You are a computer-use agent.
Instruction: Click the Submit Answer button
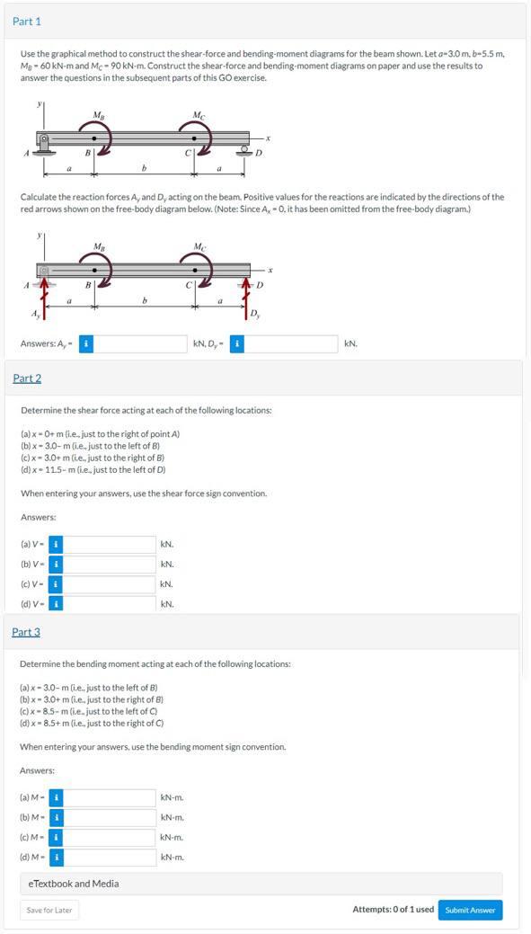coord(470,910)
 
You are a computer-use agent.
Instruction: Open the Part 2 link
coord(27,378)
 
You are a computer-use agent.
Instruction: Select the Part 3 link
coord(26,631)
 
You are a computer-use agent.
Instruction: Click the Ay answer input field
coord(140,343)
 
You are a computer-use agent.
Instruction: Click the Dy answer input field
coord(292,343)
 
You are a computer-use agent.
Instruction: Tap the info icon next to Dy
coord(237,343)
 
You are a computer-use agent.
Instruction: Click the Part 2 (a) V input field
coord(109,545)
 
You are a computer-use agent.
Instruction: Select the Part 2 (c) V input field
coord(109,584)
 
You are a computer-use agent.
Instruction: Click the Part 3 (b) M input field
coord(109,818)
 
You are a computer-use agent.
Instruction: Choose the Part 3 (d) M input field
coord(109,858)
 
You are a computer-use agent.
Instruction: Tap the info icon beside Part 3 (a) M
coord(56,797)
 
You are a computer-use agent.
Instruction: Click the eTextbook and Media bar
coord(261,884)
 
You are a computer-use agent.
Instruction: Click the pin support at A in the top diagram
coord(43,146)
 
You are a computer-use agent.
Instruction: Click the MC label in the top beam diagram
coord(199,113)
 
